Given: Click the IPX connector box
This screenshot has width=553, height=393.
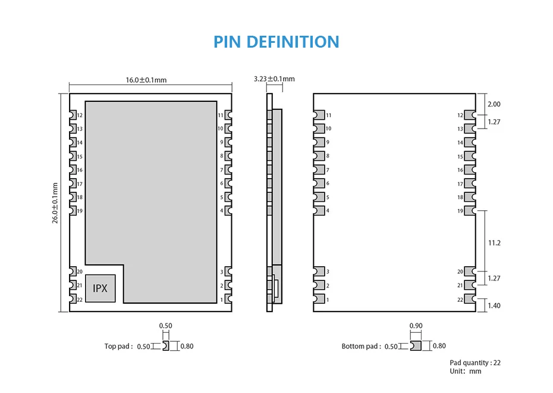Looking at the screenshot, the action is point(100,288).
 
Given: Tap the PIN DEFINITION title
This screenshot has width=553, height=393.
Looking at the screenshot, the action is point(276,42).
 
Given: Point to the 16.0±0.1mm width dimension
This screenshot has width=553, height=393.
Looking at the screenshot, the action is point(146,80).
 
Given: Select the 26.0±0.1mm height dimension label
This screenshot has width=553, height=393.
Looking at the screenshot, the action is point(55,202).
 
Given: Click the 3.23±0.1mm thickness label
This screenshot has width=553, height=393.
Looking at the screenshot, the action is point(274,79).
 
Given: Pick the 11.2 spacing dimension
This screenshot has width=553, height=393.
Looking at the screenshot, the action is point(494,243).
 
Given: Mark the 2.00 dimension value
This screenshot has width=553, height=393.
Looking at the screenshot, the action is point(494,104).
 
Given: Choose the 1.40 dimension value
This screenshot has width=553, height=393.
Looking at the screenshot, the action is point(494,305).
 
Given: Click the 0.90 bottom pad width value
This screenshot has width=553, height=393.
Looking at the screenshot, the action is point(416,326).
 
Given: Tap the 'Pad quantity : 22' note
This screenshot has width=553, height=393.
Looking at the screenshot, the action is point(475,363).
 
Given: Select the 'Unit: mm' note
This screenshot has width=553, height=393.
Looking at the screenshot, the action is point(465,371).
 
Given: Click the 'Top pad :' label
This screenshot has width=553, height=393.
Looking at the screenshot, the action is point(118,346).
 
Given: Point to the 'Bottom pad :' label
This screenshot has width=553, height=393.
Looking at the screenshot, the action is point(361,346).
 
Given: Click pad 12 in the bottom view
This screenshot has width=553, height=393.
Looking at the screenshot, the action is point(470,115).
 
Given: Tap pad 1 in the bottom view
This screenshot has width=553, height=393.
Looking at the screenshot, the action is point(319,299).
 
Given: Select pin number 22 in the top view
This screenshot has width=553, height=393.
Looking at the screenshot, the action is point(80,300).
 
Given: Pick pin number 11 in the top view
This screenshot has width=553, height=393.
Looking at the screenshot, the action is point(221,115).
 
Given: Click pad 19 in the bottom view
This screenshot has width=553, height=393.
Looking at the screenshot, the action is point(470,211).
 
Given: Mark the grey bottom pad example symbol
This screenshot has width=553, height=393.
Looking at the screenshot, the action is point(416,346).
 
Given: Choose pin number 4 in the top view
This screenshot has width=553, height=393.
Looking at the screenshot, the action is point(222,211).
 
